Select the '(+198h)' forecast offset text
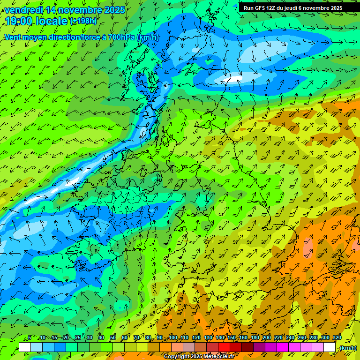click(x=83, y=21)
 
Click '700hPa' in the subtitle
click(x=122, y=37)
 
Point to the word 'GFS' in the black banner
click(x=261, y=8)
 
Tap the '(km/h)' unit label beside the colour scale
click(x=348, y=348)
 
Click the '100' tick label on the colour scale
click(x=173, y=338)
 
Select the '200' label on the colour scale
click(x=267, y=338)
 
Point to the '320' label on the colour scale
click(x=337, y=338)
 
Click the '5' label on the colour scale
click(x=30, y=338)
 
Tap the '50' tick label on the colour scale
click(x=113, y=338)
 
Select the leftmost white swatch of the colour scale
click(x=25, y=347)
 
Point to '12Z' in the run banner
click(x=272, y=8)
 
